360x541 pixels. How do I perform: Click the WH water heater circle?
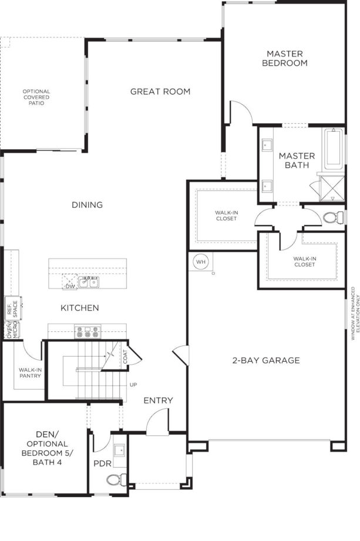pyautogui.click(x=201, y=261)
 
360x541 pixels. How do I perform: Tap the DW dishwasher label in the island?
pyautogui.click(x=70, y=286)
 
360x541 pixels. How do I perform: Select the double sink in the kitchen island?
pyautogui.click(x=89, y=283)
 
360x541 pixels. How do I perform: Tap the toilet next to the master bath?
pyautogui.click(x=332, y=217)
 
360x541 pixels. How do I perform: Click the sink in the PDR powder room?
pyautogui.click(x=119, y=451)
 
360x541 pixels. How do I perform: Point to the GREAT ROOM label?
pyautogui.click(x=160, y=91)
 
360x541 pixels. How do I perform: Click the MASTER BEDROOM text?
pyautogui.click(x=285, y=58)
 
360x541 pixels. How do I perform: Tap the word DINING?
pyautogui.click(x=88, y=205)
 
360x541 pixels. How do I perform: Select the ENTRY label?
pyautogui.click(x=159, y=401)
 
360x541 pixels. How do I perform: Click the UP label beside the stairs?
pyautogui.click(x=133, y=385)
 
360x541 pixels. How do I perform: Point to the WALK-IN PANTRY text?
pyautogui.click(x=29, y=372)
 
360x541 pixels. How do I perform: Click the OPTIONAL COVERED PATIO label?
pyautogui.click(x=36, y=97)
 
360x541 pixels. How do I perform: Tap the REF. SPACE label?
pyautogui.click(x=12, y=311)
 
